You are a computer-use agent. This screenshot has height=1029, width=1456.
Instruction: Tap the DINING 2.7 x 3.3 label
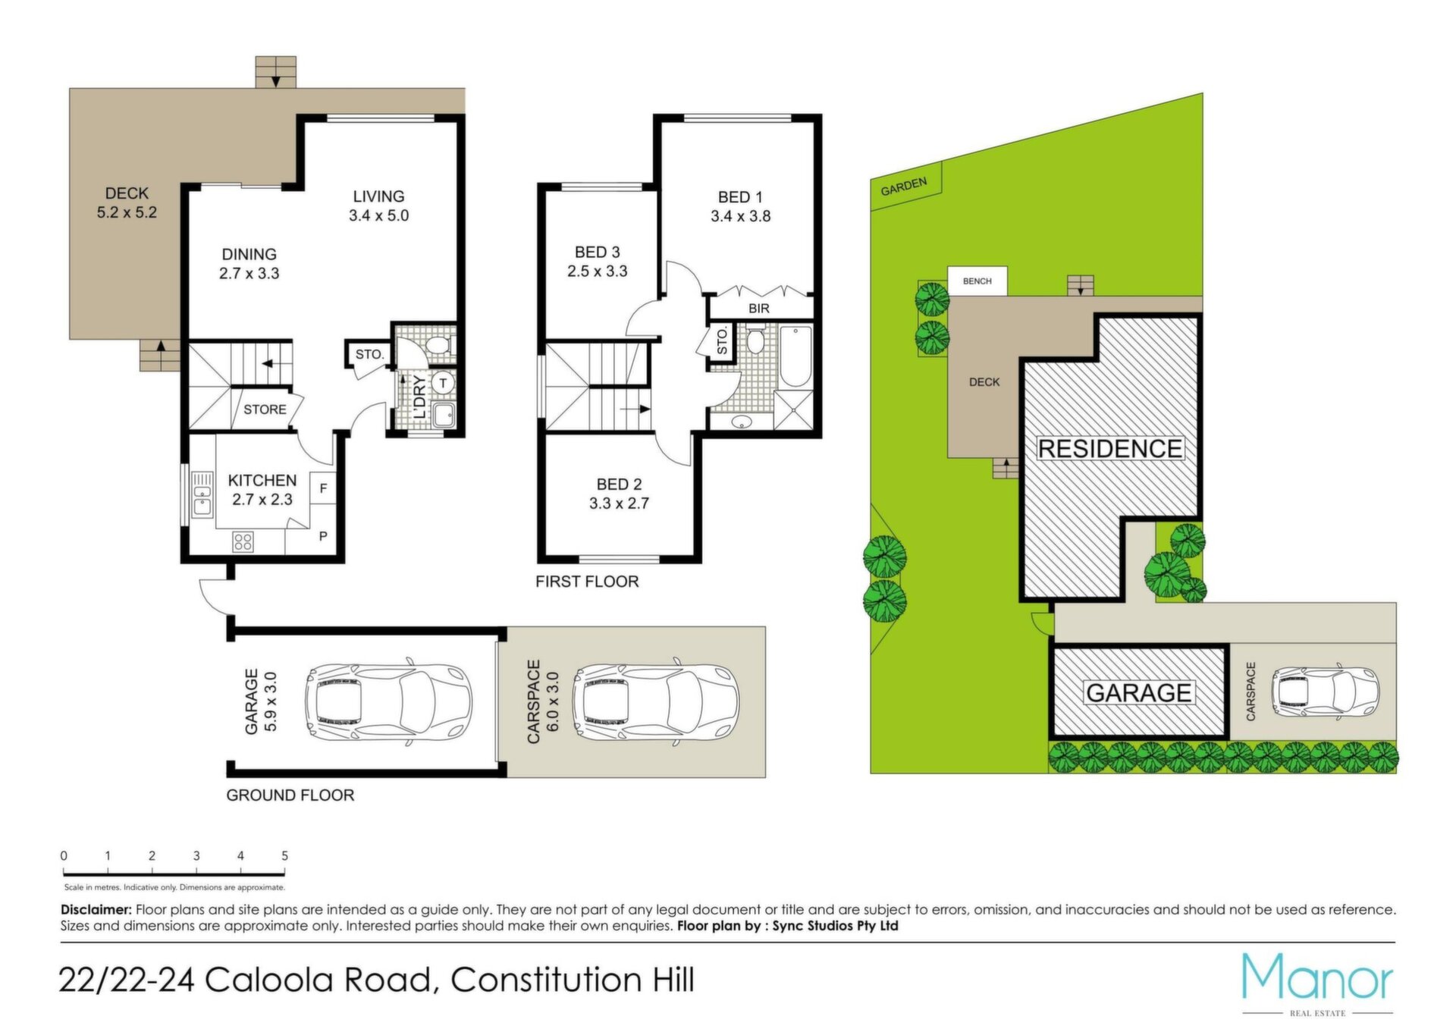click(x=249, y=264)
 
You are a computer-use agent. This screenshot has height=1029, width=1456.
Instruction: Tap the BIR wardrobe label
click(x=758, y=309)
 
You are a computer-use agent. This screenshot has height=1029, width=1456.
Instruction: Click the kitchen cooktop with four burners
click(x=243, y=541)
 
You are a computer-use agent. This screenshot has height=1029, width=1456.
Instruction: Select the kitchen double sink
click(x=202, y=494)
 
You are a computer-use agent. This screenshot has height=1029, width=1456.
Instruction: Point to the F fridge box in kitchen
click(x=323, y=488)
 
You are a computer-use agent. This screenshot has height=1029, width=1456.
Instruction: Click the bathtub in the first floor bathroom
click(x=795, y=356)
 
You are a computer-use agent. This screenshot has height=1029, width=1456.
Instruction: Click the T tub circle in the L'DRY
click(x=443, y=383)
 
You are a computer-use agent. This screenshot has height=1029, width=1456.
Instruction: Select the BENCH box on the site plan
click(x=977, y=281)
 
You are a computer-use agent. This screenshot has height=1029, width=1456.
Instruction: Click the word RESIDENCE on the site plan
click(x=1109, y=449)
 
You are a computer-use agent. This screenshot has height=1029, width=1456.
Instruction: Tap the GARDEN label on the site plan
click(x=904, y=187)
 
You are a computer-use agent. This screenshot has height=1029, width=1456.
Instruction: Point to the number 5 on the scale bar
click(x=284, y=855)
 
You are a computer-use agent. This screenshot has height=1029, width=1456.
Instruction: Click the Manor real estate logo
click(x=1317, y=984)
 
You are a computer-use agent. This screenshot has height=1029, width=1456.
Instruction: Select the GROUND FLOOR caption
click(x=290, y=795)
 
